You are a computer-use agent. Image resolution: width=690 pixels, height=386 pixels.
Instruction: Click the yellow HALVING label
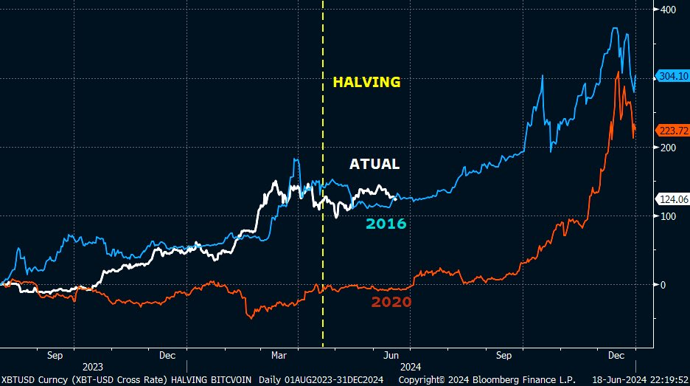click(366, 82)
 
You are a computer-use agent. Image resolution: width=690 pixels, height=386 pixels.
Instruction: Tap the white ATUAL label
click(374, 164)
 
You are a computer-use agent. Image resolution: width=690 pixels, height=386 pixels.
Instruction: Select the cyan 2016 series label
click(386, 224)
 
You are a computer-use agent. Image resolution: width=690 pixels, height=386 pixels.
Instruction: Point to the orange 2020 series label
click(391, 302)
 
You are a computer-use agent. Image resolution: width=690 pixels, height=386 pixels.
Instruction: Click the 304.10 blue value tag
click(672, 75)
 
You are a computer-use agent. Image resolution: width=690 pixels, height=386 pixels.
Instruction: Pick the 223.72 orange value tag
click(672, 130)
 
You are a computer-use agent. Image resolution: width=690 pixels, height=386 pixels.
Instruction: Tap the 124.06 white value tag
click(672, 199)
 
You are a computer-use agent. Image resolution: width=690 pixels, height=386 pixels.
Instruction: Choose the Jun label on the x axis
click(392, 355)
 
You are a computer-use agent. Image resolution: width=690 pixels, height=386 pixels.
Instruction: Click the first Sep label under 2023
click(55, 355)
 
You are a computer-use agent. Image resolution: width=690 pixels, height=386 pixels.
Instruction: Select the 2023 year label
click(92, 366)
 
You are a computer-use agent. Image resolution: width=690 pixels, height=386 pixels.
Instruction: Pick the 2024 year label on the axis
click(411, 366)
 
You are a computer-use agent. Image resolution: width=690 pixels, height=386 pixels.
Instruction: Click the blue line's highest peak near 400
click(615, 28)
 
